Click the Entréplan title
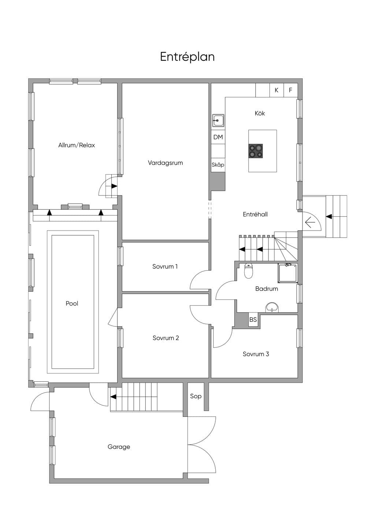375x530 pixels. click(x=187, y=57)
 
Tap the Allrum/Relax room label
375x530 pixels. click(x=77, y=145)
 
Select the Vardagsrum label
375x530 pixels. click(x=165, y=163)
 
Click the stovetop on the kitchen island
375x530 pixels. click(x=256, y=151)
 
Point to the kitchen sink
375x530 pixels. click(x=218, y=120)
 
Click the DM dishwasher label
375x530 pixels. click(x=218, y=137)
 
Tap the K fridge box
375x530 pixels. click(x=276, y=90)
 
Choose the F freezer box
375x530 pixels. click(x=290, y=90)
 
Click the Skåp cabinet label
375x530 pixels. click(x=218, y=165)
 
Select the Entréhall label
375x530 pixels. click(x=255, y=214)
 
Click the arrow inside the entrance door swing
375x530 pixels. click(x=310, y=223)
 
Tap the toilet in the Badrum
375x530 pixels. click(x=249, y=271)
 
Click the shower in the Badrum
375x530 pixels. click(x=287, y=273)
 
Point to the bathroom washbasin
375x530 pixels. click(x=272, y=307)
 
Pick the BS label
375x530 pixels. click(x=253, y=320)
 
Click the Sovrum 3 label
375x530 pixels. click(x=256, y=354)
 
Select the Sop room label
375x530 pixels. click(x=196, y=396)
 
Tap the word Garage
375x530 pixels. click(x=119, y=447)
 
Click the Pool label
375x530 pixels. click(x=72, y=303)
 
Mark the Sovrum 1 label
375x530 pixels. click(x=165, y=266)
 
